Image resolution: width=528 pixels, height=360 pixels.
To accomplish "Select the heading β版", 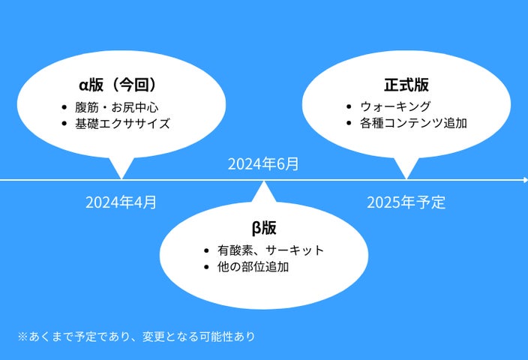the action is [x=264, y=227].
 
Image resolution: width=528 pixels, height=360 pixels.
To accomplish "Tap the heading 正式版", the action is [x=406, y=84].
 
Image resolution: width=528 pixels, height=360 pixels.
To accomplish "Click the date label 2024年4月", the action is [x=121, y=202].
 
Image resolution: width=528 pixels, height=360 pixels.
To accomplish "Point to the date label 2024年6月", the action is [x=263, y=164].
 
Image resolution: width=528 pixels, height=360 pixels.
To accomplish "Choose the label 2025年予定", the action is [x=406, y=202].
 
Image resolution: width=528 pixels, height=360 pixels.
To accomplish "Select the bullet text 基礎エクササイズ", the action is [x=122, y=123].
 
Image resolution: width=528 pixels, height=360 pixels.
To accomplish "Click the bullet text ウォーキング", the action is [x=394, y=106].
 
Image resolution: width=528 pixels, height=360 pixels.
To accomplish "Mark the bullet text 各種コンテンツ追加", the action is [x=413, y=123].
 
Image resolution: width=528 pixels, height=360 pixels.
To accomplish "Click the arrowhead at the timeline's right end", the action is [x=524, y=180].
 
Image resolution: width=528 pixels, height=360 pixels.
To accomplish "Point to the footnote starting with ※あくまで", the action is [x=137, y=336].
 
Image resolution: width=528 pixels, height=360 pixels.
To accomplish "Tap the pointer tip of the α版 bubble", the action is [x=121, y=178].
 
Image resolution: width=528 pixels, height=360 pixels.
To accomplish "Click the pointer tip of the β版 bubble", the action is [x=264, y=183].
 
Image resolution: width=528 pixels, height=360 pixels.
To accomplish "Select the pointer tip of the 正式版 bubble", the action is [x=406, y=178].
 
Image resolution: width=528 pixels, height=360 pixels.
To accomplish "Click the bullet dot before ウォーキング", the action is [x=349, y=106].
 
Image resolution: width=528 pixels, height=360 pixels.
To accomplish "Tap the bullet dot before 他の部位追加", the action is [x=206, y=267].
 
